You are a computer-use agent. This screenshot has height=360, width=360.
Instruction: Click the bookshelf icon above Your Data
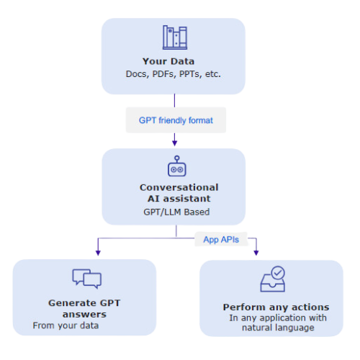pos(175,37)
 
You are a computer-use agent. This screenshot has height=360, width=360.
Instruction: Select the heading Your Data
pos(168,61)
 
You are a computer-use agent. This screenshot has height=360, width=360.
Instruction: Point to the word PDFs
pos(163,74)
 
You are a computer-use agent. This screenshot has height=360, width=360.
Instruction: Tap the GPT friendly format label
pos(176,120)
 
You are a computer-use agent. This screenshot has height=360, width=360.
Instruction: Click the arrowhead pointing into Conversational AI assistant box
pos(175,143)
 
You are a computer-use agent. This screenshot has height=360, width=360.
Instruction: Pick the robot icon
pos(177,166)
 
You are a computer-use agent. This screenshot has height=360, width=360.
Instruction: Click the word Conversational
pos(179,187)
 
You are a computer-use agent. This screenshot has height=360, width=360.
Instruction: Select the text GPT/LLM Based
pos(176,212)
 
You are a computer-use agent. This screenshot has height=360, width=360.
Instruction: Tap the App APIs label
pos(221,240)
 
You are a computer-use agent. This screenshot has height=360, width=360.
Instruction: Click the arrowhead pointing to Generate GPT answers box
pos(98,253)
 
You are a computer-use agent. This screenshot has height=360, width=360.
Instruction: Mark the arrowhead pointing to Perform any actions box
pos(256,253)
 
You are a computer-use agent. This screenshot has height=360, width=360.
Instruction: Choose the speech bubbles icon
pos(87,279)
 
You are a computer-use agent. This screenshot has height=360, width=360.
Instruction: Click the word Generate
pos(72,303)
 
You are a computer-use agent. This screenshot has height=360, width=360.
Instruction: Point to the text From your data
pos(66,325)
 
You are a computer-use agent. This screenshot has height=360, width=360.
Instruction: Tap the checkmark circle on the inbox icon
pos(278,273)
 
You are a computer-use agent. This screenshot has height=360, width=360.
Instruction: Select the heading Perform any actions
pos(276,307)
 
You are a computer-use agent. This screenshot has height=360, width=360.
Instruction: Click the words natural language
pos(278,328)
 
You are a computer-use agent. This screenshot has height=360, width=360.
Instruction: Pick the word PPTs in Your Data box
pos(189,74)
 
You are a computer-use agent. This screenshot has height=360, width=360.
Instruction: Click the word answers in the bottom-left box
pos(84,315)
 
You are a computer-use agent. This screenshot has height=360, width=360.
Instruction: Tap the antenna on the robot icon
pos(177,159)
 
